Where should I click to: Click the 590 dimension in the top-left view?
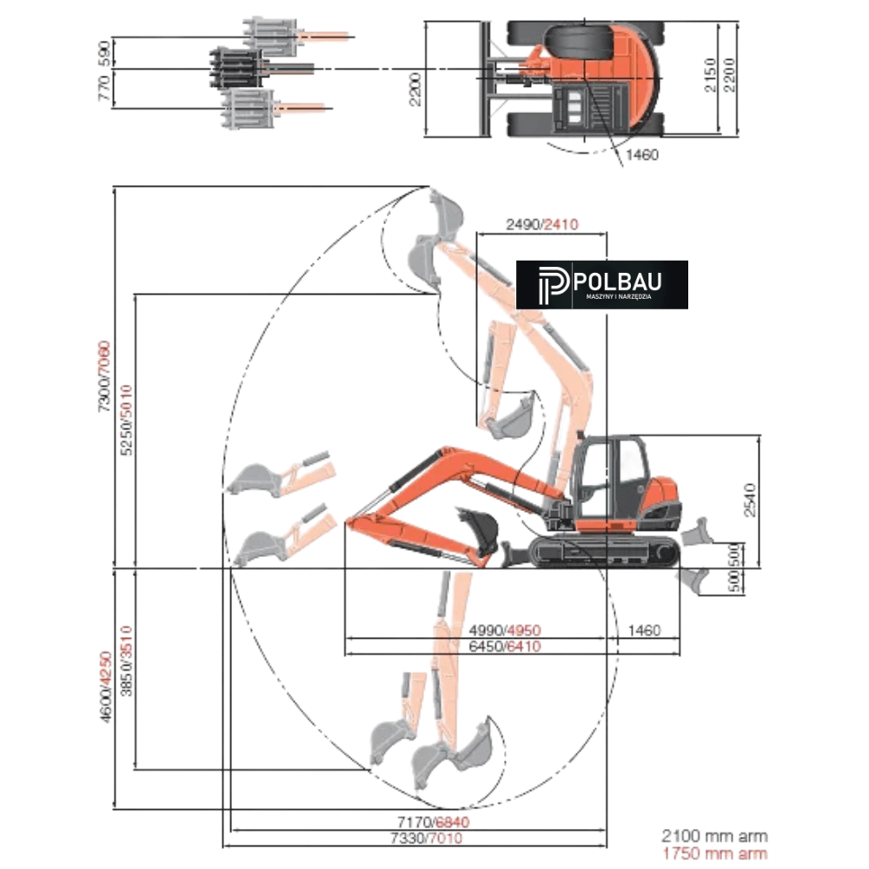tap(105, 52)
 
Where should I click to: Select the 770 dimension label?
tap(105, 89)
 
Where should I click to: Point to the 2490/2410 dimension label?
tap(542, 224)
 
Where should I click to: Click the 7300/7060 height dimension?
tap(104, 375)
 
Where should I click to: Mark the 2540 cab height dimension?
tap(748, 498)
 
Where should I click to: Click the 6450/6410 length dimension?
tap(505, 647)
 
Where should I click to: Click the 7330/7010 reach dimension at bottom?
tap(427, 838)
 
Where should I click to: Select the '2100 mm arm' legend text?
tap(714, 836)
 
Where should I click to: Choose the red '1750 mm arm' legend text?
tap(714, 852)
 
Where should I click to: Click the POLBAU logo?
tap(601, 284)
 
